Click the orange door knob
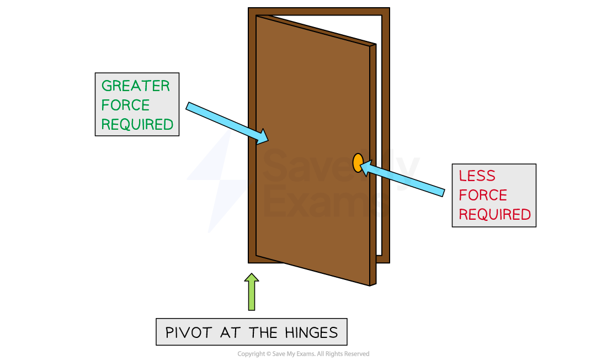(358, 163)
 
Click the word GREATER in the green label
(136, 86)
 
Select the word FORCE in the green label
(125, 105)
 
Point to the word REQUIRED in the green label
(137, 124)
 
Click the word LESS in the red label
(477, 176)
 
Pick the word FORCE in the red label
(483, 195)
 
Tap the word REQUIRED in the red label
(494, 214)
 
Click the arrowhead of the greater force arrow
(263, 137)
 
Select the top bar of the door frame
(319, 11)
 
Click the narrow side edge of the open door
(372, 166)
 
